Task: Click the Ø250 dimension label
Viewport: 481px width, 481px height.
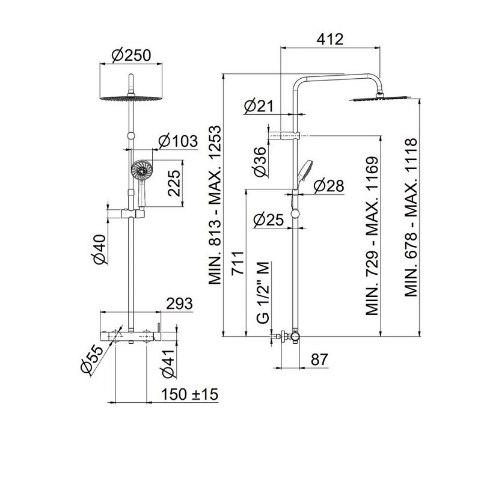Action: [131, 56]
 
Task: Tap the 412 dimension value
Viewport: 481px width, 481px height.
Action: [330, 40]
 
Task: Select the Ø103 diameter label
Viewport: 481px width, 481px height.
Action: [178, 141]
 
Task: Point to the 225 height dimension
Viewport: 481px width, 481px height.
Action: [174, 183]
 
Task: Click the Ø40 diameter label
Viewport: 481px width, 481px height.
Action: [100, 249]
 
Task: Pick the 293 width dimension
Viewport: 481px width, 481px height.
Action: [179, 304]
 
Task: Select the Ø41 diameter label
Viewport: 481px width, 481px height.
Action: [169, 364]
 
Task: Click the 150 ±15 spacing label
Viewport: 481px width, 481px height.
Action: [189, 394]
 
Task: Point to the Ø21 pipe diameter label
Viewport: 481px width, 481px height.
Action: [259, 106]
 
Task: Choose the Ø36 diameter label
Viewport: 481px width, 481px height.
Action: [260, 162]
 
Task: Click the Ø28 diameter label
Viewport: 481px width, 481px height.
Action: [329, 186]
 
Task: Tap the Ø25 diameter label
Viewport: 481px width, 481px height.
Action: [269, 219]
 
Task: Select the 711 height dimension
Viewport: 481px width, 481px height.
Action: [238, 263]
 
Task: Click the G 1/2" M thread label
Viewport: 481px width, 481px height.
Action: [263, 292]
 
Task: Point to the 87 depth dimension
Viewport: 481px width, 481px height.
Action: [319, 359]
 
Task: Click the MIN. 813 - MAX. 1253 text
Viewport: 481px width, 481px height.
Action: [215, 205]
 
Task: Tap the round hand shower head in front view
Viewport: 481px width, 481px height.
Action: [141, 170]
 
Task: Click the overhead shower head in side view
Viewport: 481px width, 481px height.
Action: [380, 98]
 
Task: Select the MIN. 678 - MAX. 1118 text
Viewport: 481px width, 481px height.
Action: [411, 218]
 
